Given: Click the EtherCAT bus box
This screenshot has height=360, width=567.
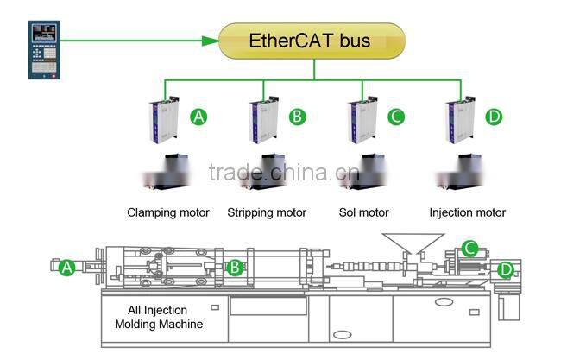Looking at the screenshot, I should [312, 41].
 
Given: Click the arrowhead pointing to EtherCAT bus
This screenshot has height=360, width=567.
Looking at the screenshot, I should [209, 40].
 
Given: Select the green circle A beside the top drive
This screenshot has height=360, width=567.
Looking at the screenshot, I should [198, 117].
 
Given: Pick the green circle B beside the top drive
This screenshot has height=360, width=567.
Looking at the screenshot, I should [296, 117].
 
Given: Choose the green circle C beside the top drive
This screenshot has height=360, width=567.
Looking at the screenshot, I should [395, 117].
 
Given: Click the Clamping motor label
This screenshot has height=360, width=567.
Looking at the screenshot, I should [168, 212].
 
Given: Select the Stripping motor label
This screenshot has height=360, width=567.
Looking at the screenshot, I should [267, 212].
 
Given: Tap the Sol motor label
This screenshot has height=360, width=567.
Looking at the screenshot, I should [364, 212].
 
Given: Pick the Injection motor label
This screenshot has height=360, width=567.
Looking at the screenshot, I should [467, 212].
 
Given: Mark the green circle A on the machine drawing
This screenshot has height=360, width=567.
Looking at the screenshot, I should [67, 268].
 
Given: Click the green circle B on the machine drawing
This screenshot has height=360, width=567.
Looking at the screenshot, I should [234, 268].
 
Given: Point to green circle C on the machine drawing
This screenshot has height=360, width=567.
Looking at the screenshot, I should [470, 249].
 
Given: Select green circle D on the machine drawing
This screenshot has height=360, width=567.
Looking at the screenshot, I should [505, 270].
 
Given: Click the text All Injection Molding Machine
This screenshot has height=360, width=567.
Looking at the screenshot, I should [159, 317].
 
